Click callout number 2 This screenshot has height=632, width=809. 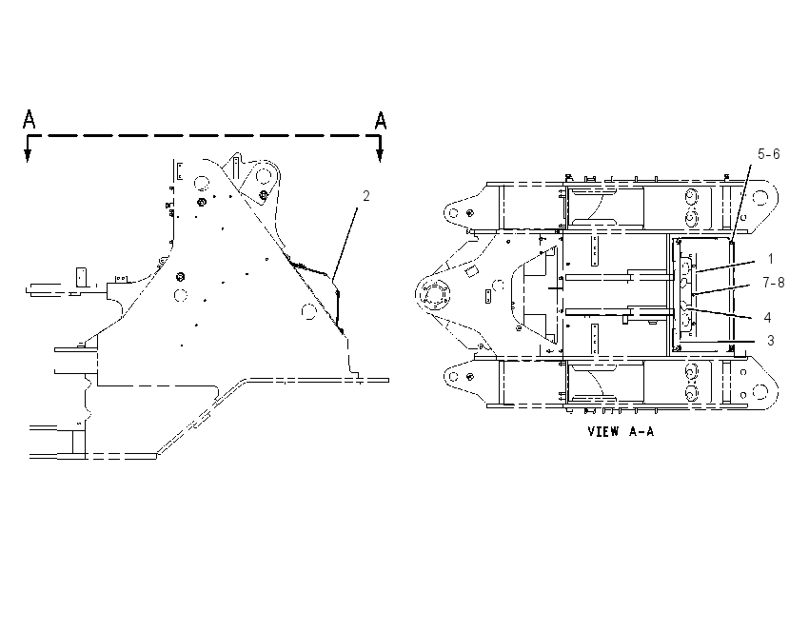(x=365, y=196)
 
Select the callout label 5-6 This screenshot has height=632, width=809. (x=769, y=154)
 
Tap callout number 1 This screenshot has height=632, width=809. (x=770, y=259)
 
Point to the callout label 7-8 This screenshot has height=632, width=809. (x=774, y=282)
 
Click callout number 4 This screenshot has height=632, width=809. (x=768, y=317)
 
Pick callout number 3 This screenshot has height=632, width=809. (x=770, y=341)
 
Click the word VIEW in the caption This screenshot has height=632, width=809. (x=602, y=431)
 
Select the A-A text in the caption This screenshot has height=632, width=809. (x=641, y=431)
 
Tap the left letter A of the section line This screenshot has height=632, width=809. (x=30, y=119)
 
